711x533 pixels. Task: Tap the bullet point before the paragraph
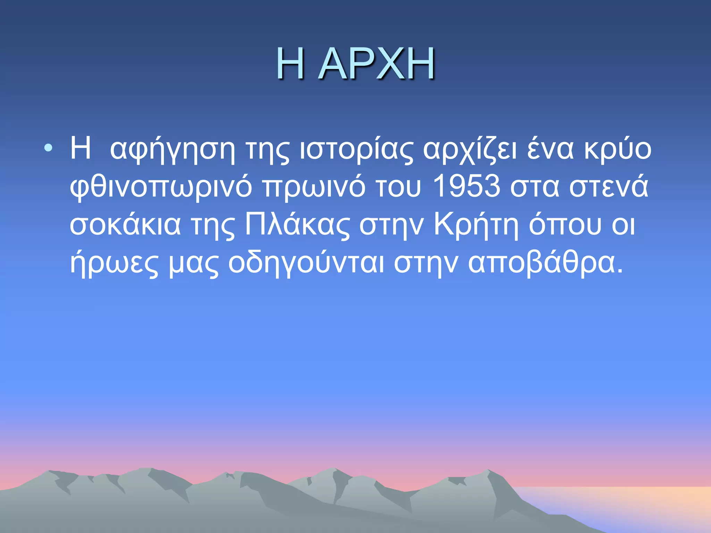(49, 149)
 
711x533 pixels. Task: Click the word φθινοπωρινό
(161, 187)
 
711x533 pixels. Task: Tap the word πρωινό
(314, 187)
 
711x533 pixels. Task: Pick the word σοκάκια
(125, 225)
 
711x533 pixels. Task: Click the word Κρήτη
(476, 225)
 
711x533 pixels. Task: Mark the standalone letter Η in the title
(291, 64)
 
